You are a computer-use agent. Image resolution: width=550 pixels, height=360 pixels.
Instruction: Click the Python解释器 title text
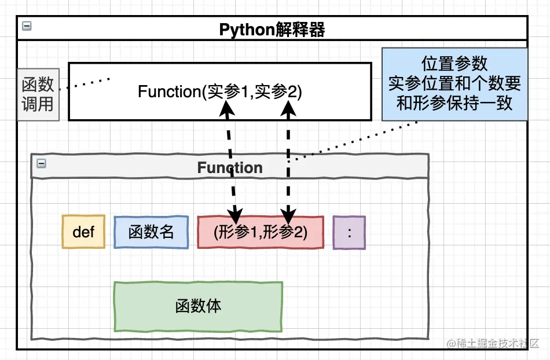coord(272,30)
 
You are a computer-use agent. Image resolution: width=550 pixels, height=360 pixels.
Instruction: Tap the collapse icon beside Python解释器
coord(27,26)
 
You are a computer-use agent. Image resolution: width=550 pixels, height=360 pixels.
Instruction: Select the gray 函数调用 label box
coord(38,95)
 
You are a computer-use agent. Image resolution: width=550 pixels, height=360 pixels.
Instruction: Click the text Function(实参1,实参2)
coord(220,91)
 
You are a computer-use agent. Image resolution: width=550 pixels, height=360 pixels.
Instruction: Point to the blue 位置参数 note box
coord(454,85)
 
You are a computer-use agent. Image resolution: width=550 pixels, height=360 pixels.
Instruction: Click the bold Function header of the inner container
coord(230,167)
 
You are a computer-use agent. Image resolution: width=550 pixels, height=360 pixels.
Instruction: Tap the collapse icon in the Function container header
coord(41,163)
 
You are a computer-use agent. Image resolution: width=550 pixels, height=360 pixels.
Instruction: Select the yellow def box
coord(83,232)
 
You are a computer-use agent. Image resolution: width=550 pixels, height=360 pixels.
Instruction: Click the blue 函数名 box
coord(151,232)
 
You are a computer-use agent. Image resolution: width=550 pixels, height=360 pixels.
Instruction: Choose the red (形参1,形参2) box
coord(261,232)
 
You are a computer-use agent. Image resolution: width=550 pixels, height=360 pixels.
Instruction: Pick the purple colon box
coord(349,233)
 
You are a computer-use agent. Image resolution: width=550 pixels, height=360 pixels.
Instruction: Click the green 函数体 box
coord(198,306)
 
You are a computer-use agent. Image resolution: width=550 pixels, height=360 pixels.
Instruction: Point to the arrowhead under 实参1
coord(227,108)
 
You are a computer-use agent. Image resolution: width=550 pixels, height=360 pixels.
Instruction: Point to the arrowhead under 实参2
coord(288,108)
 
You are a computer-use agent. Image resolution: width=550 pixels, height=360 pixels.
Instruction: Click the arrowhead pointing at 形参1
coord(235,215)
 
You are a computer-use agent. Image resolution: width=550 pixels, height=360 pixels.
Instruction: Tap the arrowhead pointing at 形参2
coord(288,215)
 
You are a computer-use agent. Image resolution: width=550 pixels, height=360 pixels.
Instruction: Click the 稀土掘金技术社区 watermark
coord(493,343)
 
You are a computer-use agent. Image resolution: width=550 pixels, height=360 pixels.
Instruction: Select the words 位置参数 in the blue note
coord(454,64)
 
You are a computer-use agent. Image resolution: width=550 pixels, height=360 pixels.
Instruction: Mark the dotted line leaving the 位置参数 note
coord(353,142)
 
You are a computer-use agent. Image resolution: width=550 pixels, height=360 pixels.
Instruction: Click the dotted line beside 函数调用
coord(85,84)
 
